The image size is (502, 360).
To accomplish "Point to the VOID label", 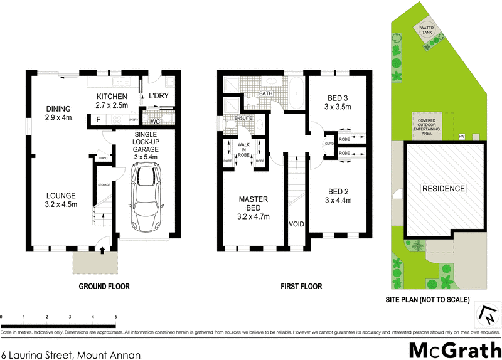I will coord(296,224).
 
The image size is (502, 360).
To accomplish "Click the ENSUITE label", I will coord(243,118).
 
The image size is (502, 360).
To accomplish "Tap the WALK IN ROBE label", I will coord(243,149).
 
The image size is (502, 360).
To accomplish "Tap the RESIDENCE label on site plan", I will coord(443,189).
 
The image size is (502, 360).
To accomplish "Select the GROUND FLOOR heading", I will coord(104,287).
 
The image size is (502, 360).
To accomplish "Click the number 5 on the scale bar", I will coord(115,317).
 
